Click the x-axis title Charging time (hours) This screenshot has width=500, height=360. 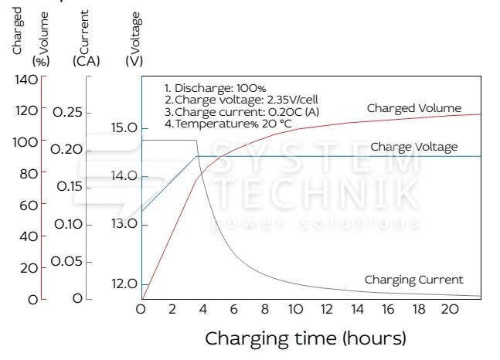(x=304, y=338)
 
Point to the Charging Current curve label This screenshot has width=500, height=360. (x=413, y=280)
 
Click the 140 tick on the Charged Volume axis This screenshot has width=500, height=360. (x=26, y=80)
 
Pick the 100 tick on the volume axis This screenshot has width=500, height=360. (x=26, y=142)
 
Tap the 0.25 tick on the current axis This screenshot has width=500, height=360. (x=67, y=113)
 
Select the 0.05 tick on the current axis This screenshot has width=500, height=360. (x=67, y=261)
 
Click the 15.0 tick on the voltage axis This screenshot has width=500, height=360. (x=124, y=127)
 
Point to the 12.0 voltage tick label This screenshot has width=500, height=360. (x=124, y=284)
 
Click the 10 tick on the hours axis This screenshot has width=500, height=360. (x=294, y=310)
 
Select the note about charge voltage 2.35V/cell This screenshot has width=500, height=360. (x=241, y=100)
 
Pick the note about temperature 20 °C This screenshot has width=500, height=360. (x=228, y=124)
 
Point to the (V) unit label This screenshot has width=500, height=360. (x=133, y=60)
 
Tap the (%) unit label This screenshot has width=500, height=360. (x=40, y=60)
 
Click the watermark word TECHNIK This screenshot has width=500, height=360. (x=317, y=192)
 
